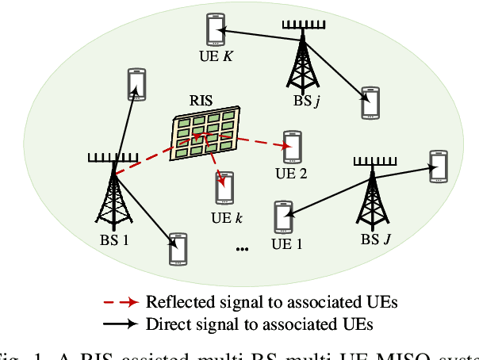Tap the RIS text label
tap(201, 101)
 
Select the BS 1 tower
tap(113, 194)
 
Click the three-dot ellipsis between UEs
tap(243, 249)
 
